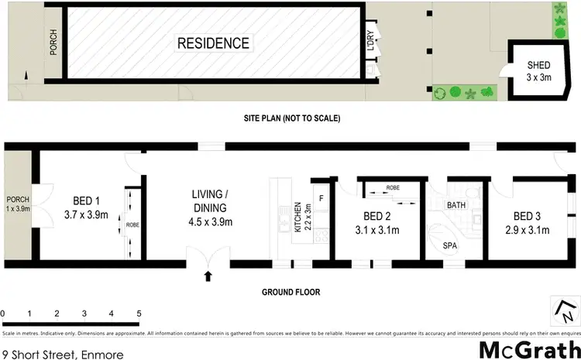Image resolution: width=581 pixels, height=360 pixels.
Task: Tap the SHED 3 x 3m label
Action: click(538, 70)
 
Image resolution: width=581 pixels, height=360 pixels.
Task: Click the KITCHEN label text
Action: click(297, 218)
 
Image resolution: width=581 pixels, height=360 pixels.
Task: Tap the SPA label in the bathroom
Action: click(449, 245)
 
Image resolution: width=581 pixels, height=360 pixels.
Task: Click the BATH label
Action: click(456, 205)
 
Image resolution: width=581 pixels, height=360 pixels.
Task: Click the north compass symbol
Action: click(565, 311)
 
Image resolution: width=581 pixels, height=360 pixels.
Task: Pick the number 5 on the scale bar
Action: click(139, 314)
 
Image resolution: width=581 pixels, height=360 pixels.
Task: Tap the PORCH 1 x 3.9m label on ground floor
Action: click(17, 204)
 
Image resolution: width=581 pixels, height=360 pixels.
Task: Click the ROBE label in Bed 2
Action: click(393, 187)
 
